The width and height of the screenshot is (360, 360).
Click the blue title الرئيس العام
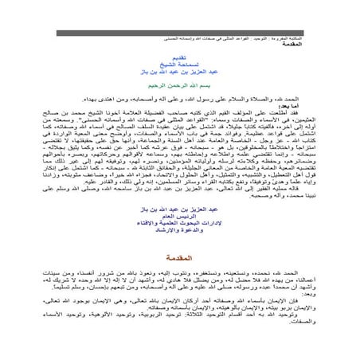click(179, 213)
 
